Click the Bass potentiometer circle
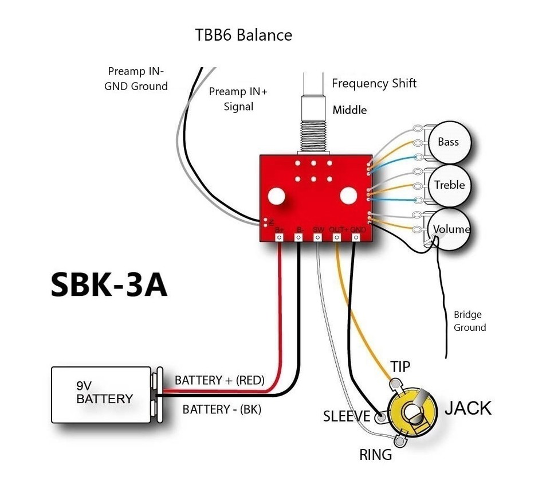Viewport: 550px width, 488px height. (x=448, y=142)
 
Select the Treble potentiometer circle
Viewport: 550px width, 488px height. (x=449, y=185)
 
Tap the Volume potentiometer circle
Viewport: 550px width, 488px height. (x=450, y=229)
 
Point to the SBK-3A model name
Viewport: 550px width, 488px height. (x=109, y=284)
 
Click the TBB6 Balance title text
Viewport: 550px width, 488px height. (x=244, y=35)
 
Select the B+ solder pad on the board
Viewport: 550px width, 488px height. (x=280, y=236)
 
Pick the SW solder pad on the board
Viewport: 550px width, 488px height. (x=319, y=236)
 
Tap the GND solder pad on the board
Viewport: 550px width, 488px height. (x=357, y=236)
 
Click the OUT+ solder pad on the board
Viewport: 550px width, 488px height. (x=337, y=236)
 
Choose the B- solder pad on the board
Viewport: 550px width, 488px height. (x=299, y=236)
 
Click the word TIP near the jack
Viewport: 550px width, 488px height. (x=400, y=366)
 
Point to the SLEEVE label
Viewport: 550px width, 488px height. (x=347, y=416)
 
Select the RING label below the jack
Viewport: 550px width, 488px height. (x=375, y=455)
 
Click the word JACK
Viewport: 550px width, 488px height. (x=468, y=408)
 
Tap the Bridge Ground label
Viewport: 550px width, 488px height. (x=469, y=321)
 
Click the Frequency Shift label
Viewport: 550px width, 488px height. (x=374, y=84)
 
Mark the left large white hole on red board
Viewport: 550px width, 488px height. (x=277, y=196)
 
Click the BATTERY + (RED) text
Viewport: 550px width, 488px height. (x=219, y=380)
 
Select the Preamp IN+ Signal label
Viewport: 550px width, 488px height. (x=238, y=99)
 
